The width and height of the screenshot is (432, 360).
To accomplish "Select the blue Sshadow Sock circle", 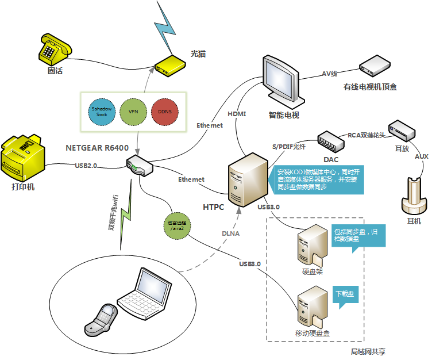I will [102, 111].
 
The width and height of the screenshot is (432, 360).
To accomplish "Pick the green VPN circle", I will [133, 111].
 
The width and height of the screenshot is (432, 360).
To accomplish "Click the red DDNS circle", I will [165, 111].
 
